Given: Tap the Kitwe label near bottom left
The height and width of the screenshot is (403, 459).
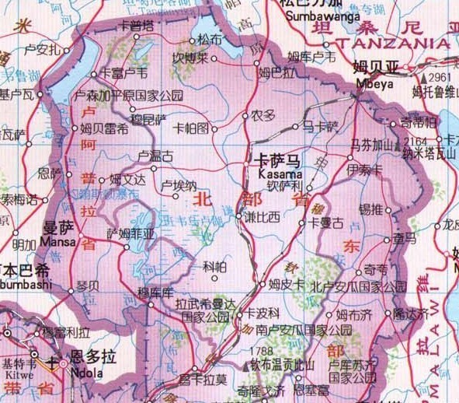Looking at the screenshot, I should pos(15,374).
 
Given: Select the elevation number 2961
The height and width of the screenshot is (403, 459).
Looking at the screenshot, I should pos(439,78).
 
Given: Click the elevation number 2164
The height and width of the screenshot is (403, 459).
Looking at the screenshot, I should pos(416,141).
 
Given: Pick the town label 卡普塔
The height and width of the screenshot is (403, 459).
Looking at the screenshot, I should pos(136,26).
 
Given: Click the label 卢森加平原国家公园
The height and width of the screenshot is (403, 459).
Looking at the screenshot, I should pos(127,96).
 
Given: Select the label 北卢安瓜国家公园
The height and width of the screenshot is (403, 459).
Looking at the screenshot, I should pos(359,286).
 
